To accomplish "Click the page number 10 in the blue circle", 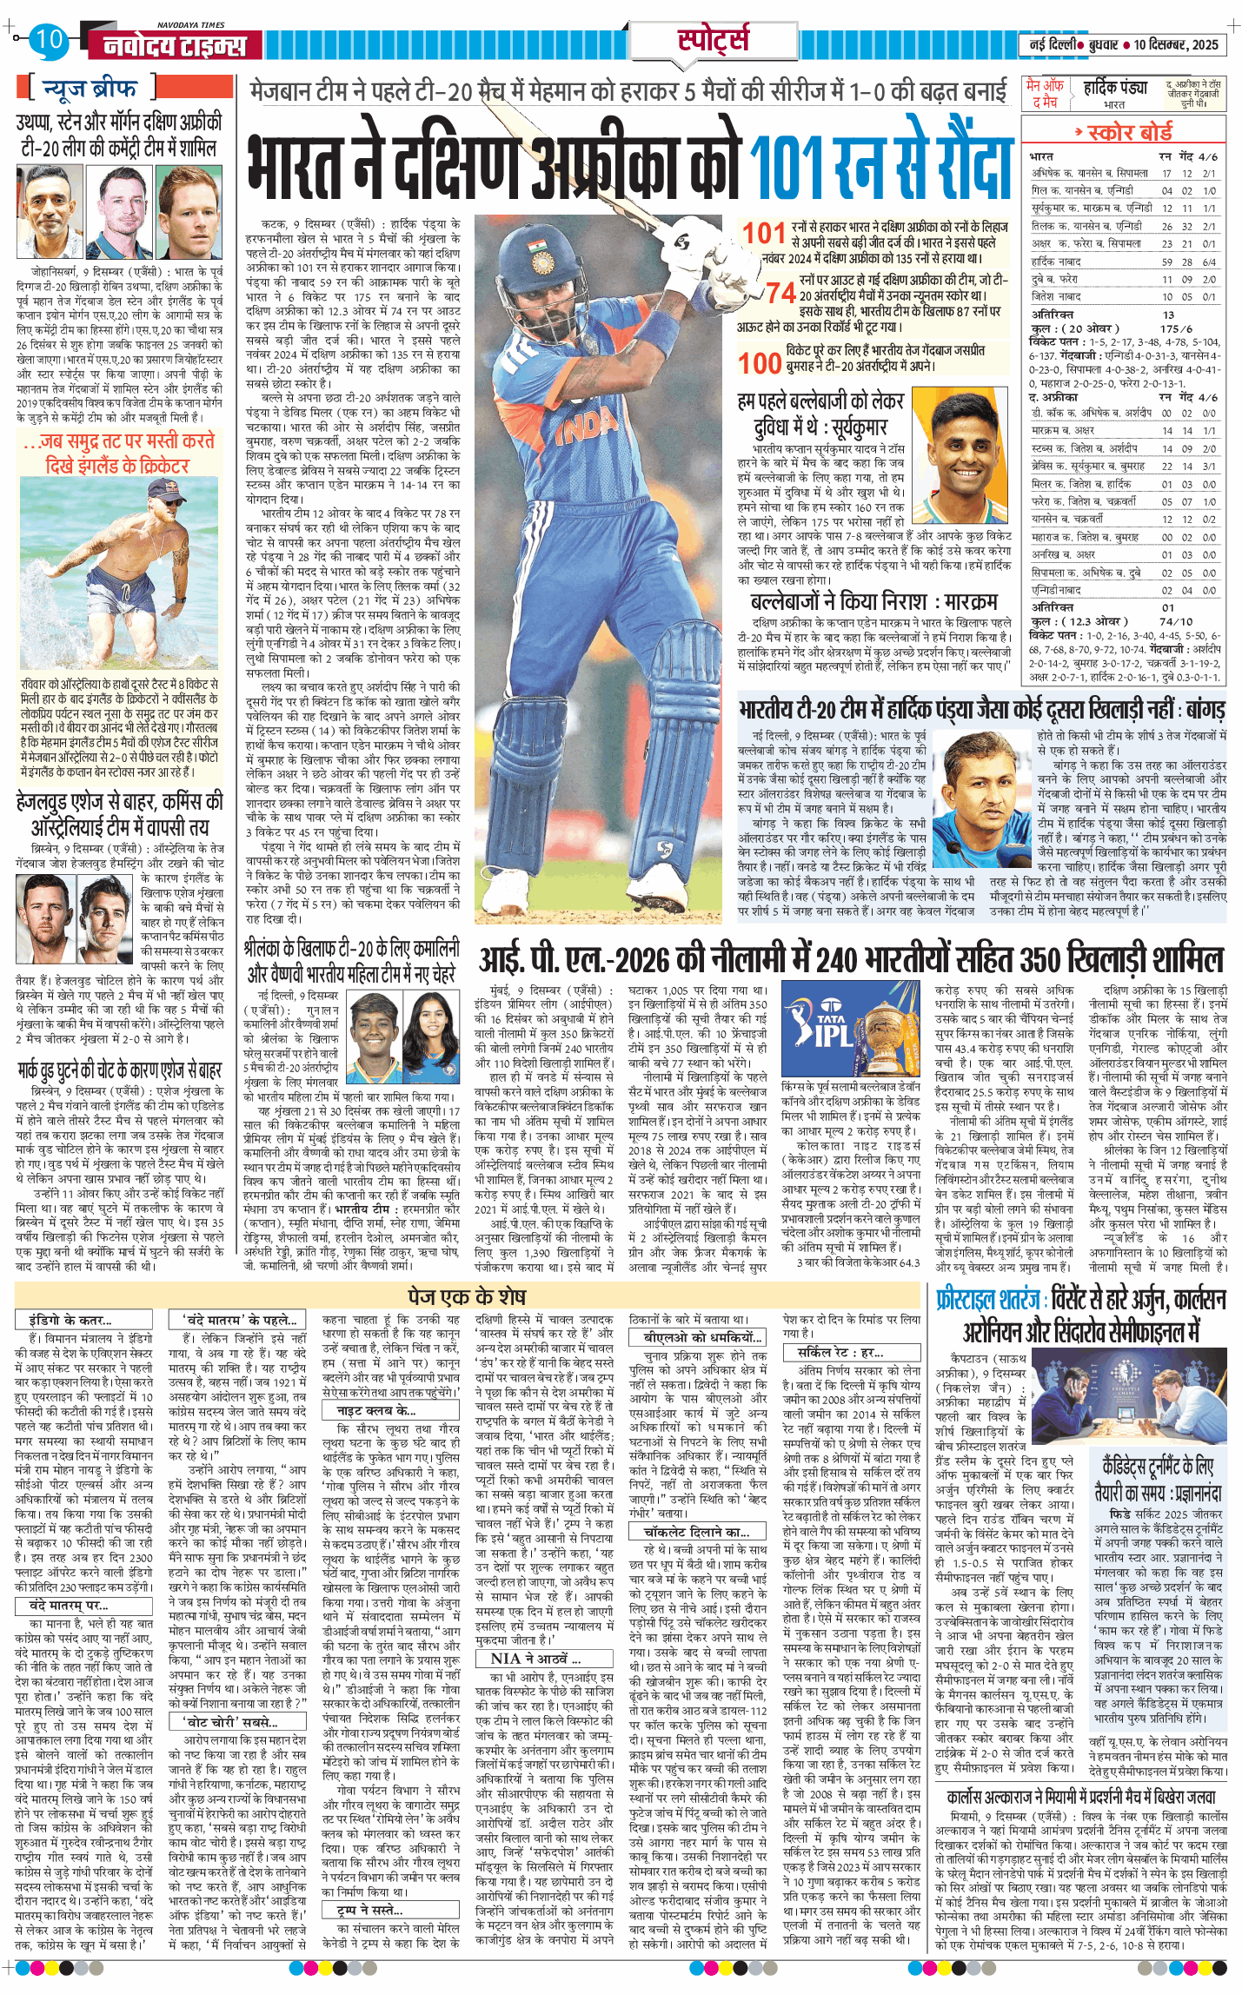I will point(50,39).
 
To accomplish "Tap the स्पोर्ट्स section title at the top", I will point(713,39).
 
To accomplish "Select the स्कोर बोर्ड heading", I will point(1129,132).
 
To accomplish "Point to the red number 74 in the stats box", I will point(780,293).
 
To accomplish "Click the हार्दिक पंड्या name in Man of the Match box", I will point(1115,88).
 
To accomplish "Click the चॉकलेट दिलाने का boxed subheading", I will point(695,1532).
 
